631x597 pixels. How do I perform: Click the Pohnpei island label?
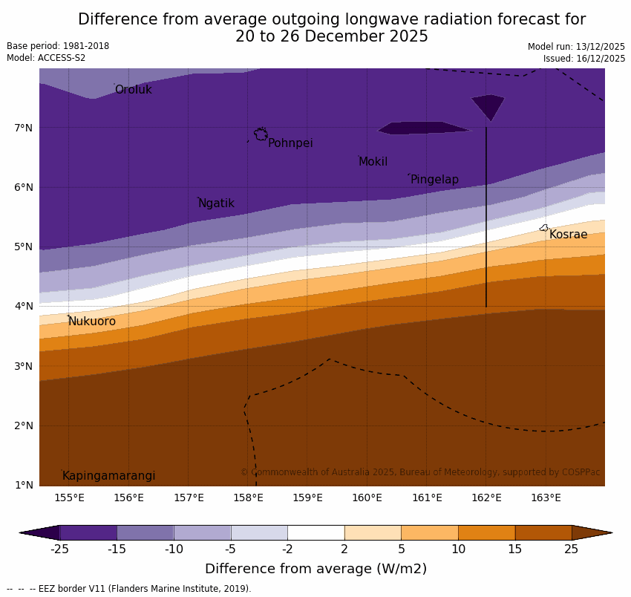[x=290, y=143]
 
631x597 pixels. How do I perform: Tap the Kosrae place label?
[x=568, y=235]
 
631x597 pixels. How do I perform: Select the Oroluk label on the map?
[x=133, y=90]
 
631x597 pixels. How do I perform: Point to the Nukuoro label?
[x=92, y=322]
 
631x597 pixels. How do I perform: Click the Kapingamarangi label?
[x=108, y=476]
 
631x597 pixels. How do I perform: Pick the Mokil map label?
[x=373, y=162]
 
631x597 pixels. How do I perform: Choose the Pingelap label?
[x=434, y=180]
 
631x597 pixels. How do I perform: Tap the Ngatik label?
[x=216, y=203]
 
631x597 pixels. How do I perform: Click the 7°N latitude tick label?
[x=24, y=128]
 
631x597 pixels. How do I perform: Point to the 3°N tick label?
[x=24, y=366]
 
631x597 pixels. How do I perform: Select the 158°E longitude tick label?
[x=248, y=497]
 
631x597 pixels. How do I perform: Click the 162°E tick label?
[x=486, y=497]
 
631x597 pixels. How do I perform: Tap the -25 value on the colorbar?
[x=59, y=549]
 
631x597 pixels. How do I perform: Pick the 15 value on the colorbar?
[x=515, y=549]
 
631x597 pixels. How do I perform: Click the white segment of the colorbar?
[x=315, y=532]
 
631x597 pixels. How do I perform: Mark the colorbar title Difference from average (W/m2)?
[x=315, y=569]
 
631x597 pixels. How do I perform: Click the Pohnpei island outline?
[x=261, y=134]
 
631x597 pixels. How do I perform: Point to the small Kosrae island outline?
[x=543, y=228]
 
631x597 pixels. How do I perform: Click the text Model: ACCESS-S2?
[x=46, y=58]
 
